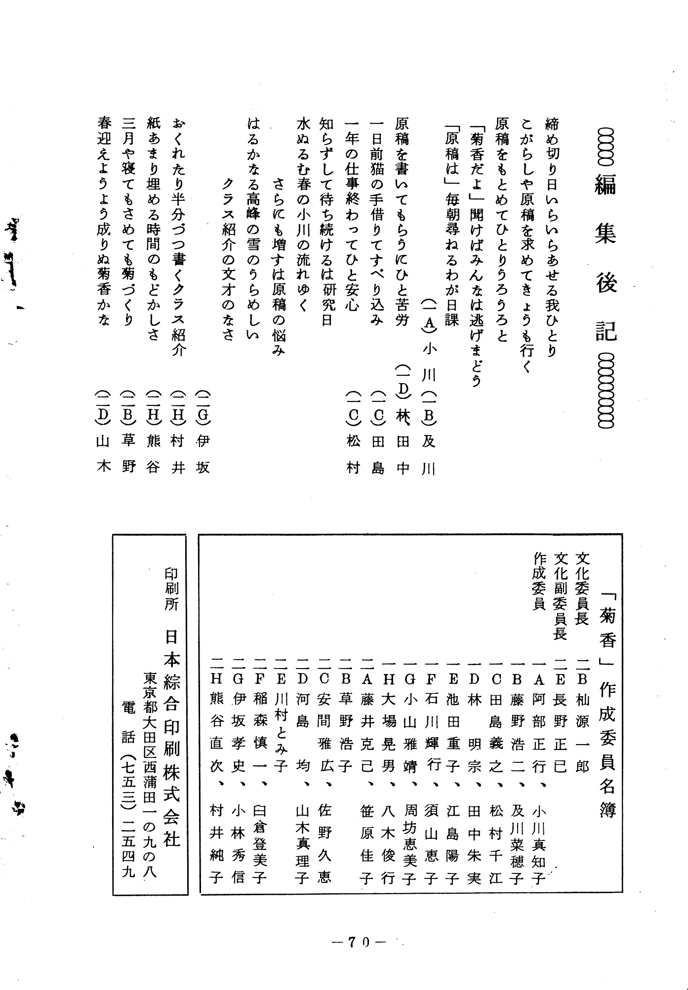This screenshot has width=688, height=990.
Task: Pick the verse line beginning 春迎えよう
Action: click(x=104, y=222)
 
